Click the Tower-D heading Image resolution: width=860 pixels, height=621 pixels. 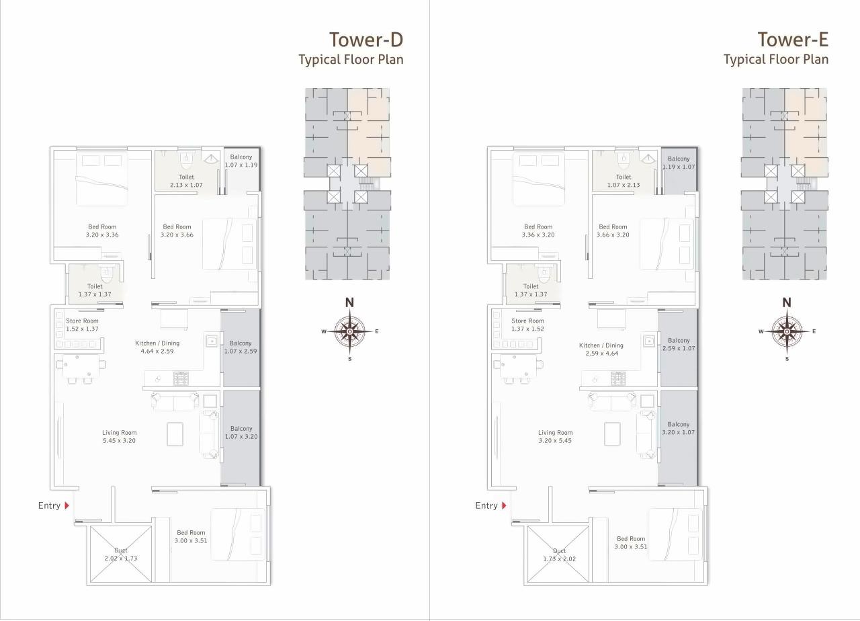point(365,40)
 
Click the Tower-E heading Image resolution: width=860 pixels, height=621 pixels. point(793,40)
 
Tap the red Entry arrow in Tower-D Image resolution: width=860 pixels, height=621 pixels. point(67,505)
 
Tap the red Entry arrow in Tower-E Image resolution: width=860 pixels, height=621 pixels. point(504,505)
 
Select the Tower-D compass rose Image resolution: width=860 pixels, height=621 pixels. point(349,331)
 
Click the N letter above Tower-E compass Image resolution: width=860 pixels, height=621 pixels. point(787,302)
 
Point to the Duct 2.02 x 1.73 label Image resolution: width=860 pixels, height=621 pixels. point(121,554)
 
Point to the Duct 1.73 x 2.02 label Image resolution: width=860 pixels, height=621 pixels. point(559,555)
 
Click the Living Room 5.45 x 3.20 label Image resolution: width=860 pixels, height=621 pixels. point(120,437)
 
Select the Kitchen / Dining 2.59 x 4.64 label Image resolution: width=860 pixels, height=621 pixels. point(601,349)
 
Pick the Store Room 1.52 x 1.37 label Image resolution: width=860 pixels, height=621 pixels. point(82,325)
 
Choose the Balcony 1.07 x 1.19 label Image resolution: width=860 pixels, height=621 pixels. point(241,161)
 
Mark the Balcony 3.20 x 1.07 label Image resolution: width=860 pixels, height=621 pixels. point(679,428)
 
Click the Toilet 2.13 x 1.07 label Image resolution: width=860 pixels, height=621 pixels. point(186,181)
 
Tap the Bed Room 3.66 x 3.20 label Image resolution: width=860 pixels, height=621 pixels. point(613,231)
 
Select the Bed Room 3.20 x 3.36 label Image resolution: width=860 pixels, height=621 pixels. point(102,231)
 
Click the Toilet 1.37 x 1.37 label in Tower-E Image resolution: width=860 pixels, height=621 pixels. point(531,290)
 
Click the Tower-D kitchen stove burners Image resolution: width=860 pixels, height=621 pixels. point(181,378)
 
